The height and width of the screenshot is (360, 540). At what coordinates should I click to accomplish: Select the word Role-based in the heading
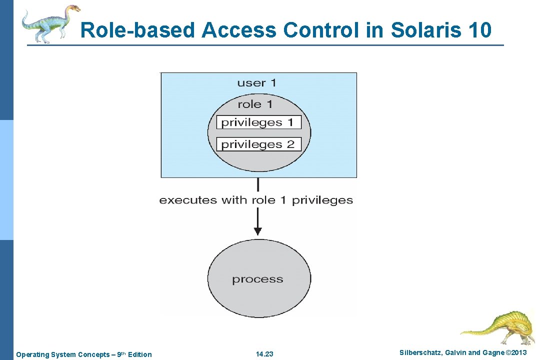tap(138, 30)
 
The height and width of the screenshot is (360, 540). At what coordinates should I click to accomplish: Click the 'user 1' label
tap(256, 82)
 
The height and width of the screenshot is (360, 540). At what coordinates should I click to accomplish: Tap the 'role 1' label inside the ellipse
tap(255, 104)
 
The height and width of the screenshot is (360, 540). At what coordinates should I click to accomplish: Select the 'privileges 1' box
tap(258, 122)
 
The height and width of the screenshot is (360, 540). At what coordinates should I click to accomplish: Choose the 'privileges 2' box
tap(258, 144)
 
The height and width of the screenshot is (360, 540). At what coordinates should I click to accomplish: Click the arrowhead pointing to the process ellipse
tap(257, 230)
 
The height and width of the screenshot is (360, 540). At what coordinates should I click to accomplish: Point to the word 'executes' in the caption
tap(188, 200)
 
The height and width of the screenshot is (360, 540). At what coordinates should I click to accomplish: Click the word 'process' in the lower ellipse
tap(257, 279)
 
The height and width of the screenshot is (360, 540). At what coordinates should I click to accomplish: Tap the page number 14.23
tap(264, 354)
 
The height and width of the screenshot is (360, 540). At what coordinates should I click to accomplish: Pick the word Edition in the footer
tap(139, 354)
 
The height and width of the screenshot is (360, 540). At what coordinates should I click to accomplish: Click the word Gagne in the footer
tap(493, 353)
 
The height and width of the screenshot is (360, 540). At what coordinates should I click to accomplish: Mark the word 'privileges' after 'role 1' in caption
tap(322, 200)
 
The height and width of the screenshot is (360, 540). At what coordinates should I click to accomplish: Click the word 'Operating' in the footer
tap(31, 354)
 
